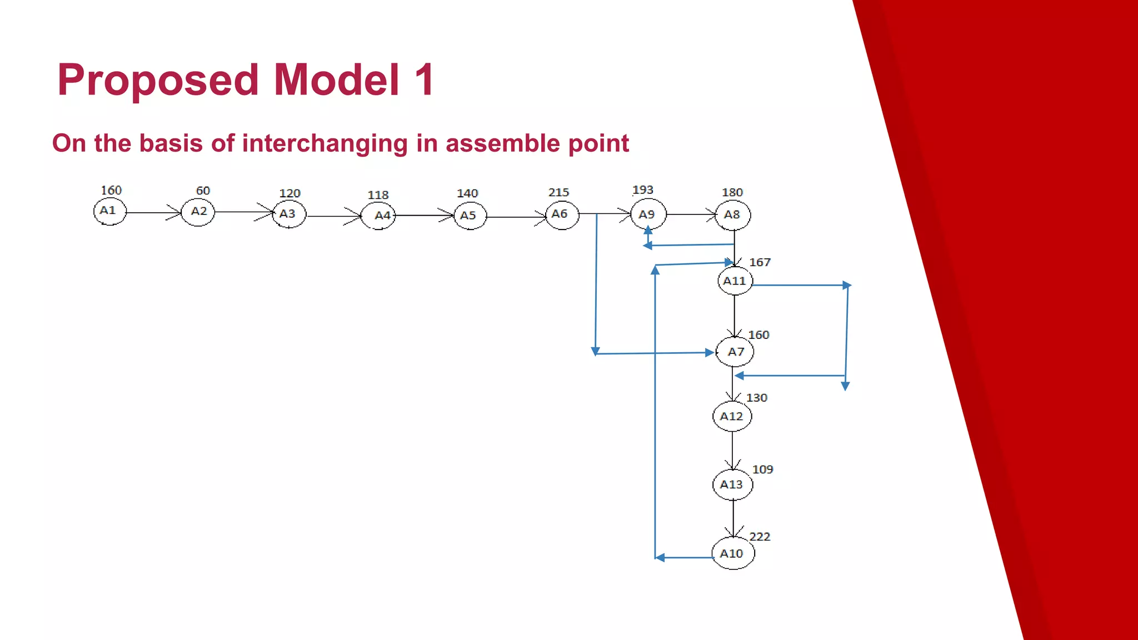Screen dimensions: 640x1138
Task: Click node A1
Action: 109,212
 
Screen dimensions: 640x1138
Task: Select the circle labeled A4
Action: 378,216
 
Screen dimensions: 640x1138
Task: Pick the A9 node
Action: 648,214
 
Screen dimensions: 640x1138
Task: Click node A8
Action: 733,215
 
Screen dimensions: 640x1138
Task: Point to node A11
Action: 735,281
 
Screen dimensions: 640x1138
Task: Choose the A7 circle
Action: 735,352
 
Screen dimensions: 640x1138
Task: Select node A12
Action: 732,416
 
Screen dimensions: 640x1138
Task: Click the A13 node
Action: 732,484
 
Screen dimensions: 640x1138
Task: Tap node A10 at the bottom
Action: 732,553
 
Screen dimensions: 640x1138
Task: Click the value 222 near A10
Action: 760,537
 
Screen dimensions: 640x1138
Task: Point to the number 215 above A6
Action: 558,192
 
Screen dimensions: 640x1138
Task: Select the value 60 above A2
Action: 203,191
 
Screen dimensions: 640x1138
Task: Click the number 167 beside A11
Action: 760,262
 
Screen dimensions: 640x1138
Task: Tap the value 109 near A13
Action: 762,469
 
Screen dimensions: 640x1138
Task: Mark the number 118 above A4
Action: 378,195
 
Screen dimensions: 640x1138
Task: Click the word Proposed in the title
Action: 158,80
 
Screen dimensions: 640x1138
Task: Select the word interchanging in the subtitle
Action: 325,143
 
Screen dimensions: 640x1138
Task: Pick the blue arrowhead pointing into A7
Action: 710,352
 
